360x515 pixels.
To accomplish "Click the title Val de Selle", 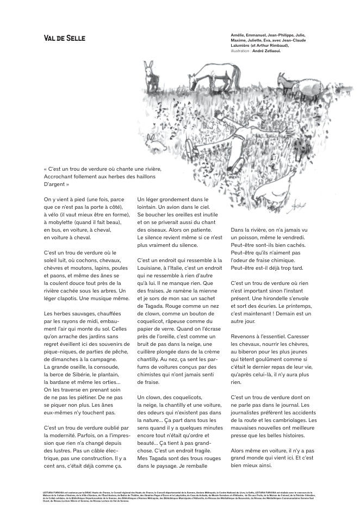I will [x=65, y=39].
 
